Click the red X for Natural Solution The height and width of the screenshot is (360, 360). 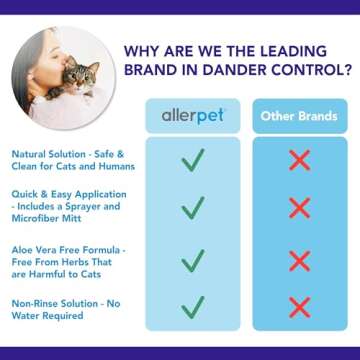tap(297, 161)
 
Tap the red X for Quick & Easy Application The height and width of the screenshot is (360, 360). tap(297, 208)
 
